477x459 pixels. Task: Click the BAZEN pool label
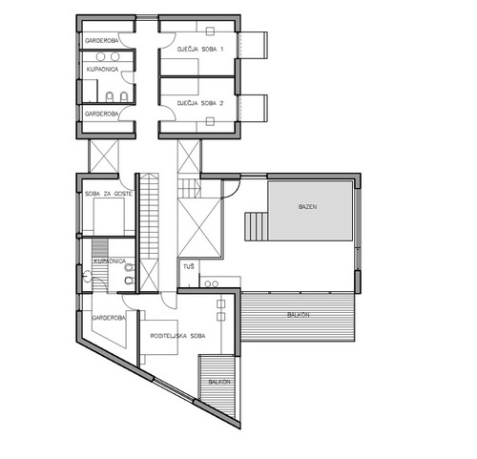coord(307,207)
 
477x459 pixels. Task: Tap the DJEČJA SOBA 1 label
coord(200,50)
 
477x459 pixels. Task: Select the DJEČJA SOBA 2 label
coord(200,103)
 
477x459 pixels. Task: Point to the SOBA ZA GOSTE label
coord(108,194)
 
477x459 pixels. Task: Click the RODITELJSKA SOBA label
coord(177,336)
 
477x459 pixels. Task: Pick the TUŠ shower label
coord(189,266)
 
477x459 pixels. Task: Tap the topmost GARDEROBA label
coord(101,41)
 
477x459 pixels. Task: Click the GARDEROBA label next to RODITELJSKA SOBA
coord(109,318)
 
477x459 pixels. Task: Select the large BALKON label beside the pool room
coord(299,315)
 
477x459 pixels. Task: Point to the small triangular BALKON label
coord(219,382)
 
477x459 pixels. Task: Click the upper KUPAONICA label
coord(102,70)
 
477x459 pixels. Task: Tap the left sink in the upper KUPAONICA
coord(100,57)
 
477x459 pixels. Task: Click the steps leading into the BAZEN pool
coord(256,227)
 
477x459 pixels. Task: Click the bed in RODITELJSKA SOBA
coord(159,337)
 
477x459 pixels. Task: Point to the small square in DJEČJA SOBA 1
coord(210,31)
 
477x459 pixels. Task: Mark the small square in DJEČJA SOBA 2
coord(210,121)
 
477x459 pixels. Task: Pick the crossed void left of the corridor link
coord(104,156)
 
